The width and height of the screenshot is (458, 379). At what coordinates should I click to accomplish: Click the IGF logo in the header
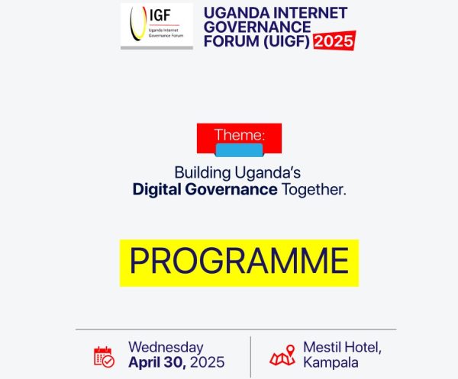156,27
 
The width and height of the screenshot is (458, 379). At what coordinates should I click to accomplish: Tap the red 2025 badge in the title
333,41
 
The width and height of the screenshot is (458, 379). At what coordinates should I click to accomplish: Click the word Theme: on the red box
240,134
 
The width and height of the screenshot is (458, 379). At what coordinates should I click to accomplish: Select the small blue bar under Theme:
240,149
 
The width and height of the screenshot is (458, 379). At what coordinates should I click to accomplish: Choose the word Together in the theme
313,189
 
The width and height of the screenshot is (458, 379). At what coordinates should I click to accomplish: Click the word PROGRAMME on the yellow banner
239,262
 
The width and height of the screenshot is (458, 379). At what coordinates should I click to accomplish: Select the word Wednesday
166,347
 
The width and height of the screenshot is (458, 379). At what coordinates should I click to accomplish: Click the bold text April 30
156,362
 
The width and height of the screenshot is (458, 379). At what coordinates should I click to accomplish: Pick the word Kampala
331,362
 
